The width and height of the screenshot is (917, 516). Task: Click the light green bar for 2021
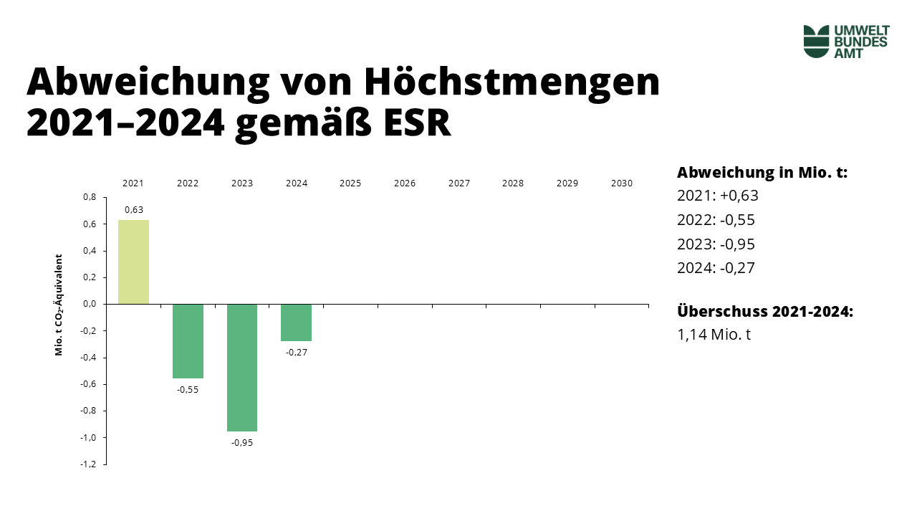coord(133,262)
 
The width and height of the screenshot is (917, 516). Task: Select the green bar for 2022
coord(188,341)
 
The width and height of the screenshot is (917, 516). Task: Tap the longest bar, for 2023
coord(242,368)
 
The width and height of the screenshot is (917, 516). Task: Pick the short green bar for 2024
coord(296,322)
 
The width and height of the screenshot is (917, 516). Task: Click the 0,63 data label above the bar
coord(133,210)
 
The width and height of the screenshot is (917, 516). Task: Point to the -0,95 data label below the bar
coord(242,442)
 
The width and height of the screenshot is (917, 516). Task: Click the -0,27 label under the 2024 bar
coord(296,353)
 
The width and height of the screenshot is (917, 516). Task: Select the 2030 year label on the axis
coord(622,183)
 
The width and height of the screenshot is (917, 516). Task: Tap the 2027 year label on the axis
coord(458,183)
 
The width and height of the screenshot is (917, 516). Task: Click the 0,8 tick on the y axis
coord(90,197)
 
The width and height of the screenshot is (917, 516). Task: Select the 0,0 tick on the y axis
coord(90,304)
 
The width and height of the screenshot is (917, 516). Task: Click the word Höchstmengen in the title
coord(512,82)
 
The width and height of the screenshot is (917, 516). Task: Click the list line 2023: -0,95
coord(716,244)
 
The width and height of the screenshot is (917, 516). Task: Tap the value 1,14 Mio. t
coord(714,334)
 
